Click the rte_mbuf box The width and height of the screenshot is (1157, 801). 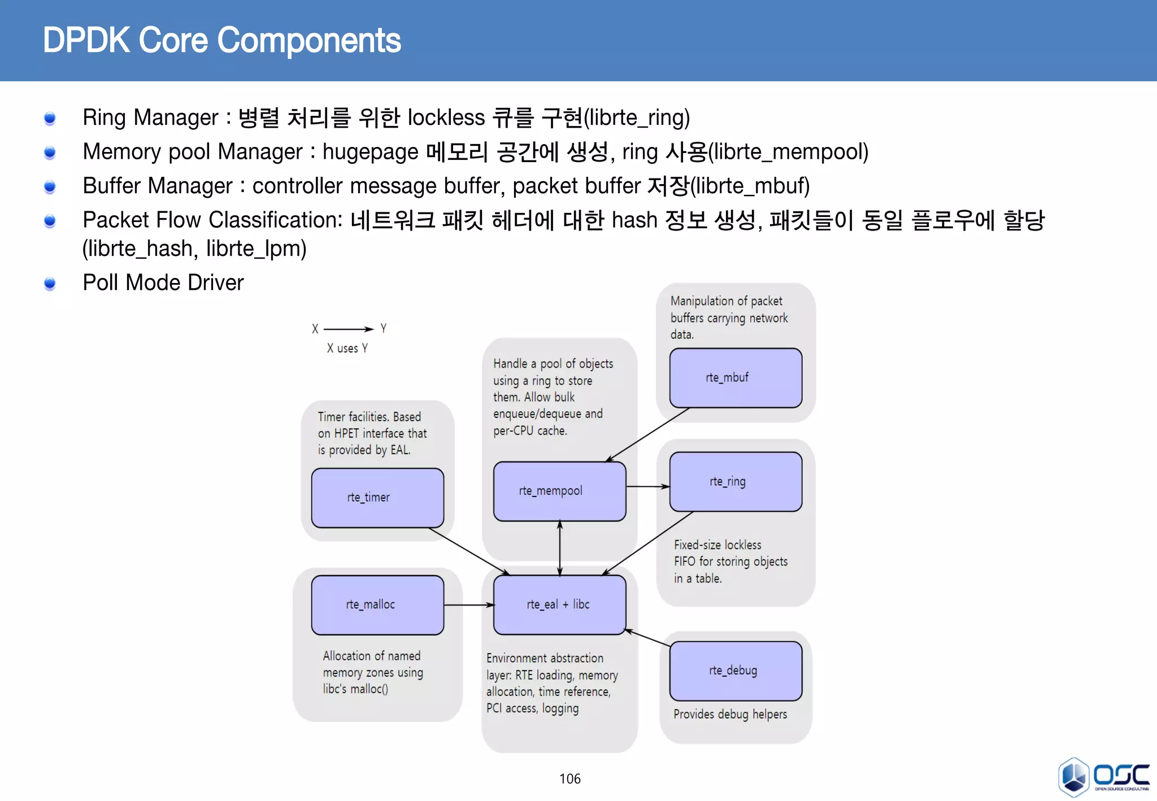(x=735, y=377)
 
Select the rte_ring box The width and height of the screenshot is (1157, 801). (x=735, y=481)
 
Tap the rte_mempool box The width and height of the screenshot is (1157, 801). (x=559, y=491)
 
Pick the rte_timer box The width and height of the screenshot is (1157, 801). (x=377, y=497)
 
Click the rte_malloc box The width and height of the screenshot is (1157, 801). (x=377, y=604)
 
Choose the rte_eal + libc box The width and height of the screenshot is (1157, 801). (x=559, y=604)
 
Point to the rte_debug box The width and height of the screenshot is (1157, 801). (x=735, y=671)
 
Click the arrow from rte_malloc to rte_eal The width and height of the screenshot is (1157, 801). (x=468, y=605)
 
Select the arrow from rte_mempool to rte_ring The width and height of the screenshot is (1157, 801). (x=647, y=486)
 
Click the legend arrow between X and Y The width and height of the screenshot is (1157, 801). (x=348, y=329)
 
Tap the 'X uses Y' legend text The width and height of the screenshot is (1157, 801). (x=347, y=349)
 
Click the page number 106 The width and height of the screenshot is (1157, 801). (x=569, y=779)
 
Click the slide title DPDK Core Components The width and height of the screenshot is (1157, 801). (x=221, y=41)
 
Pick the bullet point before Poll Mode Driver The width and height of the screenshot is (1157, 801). (x=50, y=283)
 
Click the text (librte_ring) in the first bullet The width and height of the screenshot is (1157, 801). (x=637, y=118)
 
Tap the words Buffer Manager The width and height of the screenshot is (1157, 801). (x=157, y=186)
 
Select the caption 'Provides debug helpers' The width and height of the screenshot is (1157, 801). (x=730, y=714)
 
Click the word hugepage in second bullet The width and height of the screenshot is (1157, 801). (x=370, y=152)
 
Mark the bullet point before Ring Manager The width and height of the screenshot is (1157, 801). (x=50, y=118)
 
